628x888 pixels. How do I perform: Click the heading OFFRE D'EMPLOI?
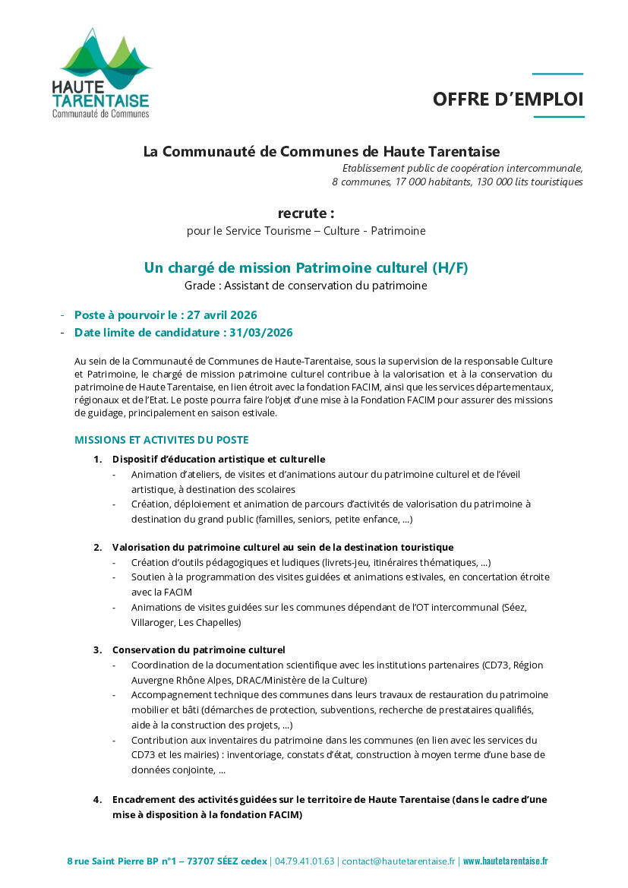tap(508, 100)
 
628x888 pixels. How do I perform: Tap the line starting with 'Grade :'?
tap(305, 286)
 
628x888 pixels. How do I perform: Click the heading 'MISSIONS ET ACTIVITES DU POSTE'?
tap(161, 440)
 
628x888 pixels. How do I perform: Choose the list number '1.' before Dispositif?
tap(98, 460)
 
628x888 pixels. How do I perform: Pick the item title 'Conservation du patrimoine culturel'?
tap(198, 650)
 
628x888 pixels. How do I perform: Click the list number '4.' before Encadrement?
tap(98, 800)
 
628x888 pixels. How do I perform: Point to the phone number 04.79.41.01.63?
tap(305, 861)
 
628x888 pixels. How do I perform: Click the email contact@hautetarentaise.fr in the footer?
tap(399, 861)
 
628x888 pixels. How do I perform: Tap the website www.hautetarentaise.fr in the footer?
tap(505, 861)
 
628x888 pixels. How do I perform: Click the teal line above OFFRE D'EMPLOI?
tap(557, 74)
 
